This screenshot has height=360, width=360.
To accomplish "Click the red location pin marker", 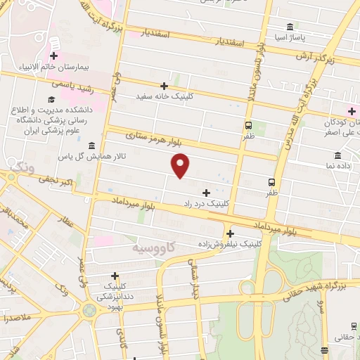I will coord(181,165).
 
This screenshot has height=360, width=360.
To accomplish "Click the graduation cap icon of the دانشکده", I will coord(51,101).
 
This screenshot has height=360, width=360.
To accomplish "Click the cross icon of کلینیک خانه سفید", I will coord(165,86).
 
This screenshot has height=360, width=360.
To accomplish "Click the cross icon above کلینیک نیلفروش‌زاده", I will coord(231,233).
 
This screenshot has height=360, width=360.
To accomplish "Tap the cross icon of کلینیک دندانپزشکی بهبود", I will coord(115,276).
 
